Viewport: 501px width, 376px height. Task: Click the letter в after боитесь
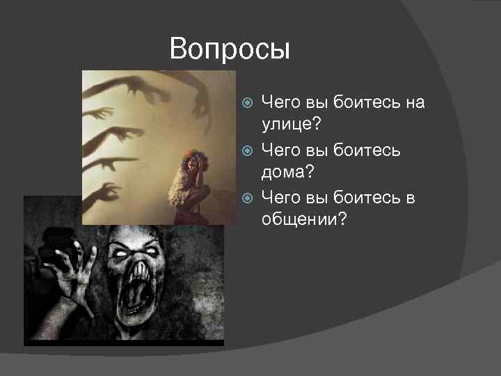(x=410, y=198)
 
